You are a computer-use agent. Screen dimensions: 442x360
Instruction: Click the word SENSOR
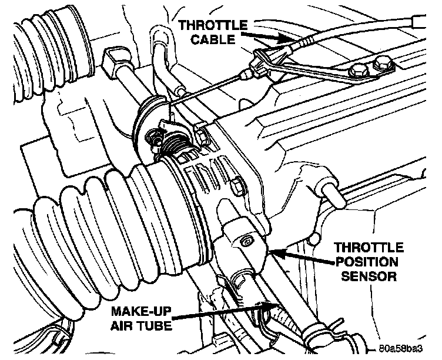[370, 275]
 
